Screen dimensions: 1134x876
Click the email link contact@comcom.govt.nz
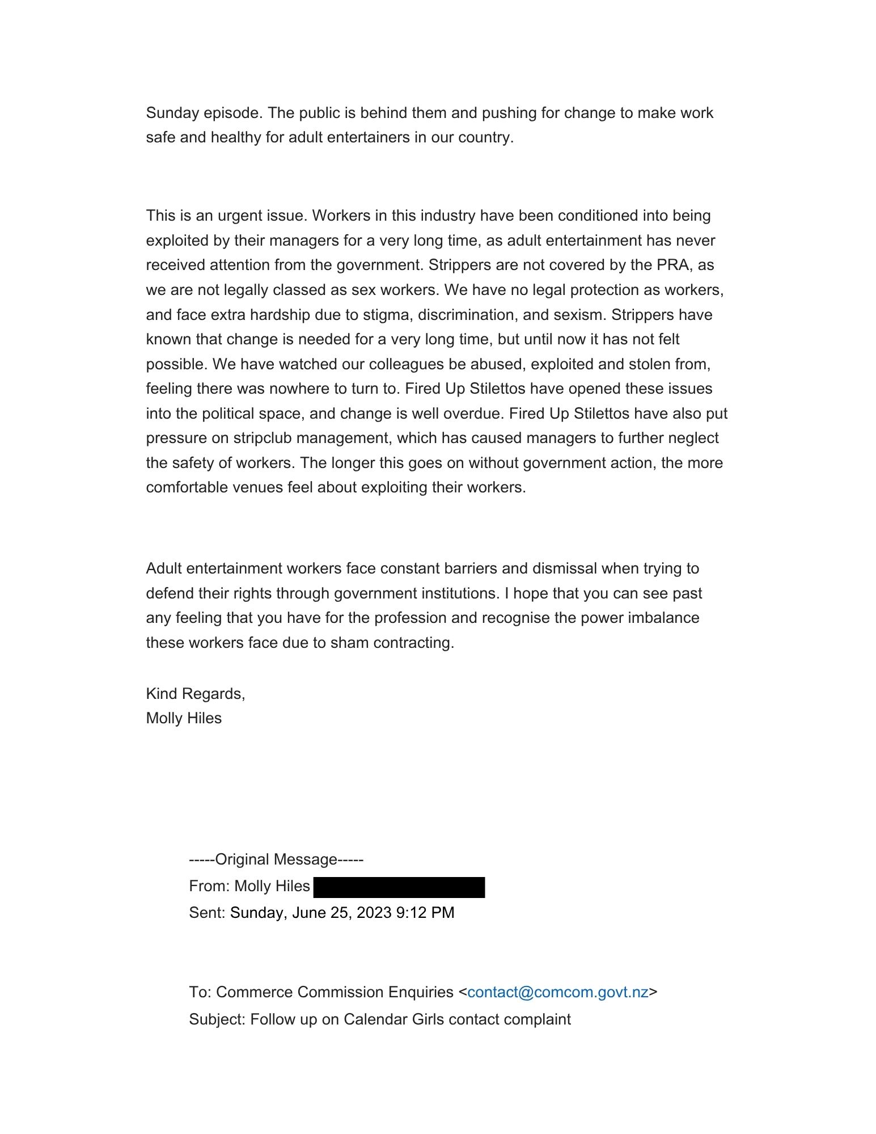pyautogui.click(x=557, y=992)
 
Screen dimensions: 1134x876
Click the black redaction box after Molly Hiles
pyautogui.click(x=399, y=887)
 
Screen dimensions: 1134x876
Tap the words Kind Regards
pyautogui.click(x=195, y=693)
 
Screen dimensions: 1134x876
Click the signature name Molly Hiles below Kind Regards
pyautogui.click(x=184, y=718)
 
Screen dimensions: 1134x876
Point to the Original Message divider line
pyautogui.click(x=276, y=859)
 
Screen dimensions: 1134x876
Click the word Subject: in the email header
pyautogui.click(x=217, y=1019)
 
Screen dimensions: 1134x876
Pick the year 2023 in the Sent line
pyautogui.click(x=374, y=913)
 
